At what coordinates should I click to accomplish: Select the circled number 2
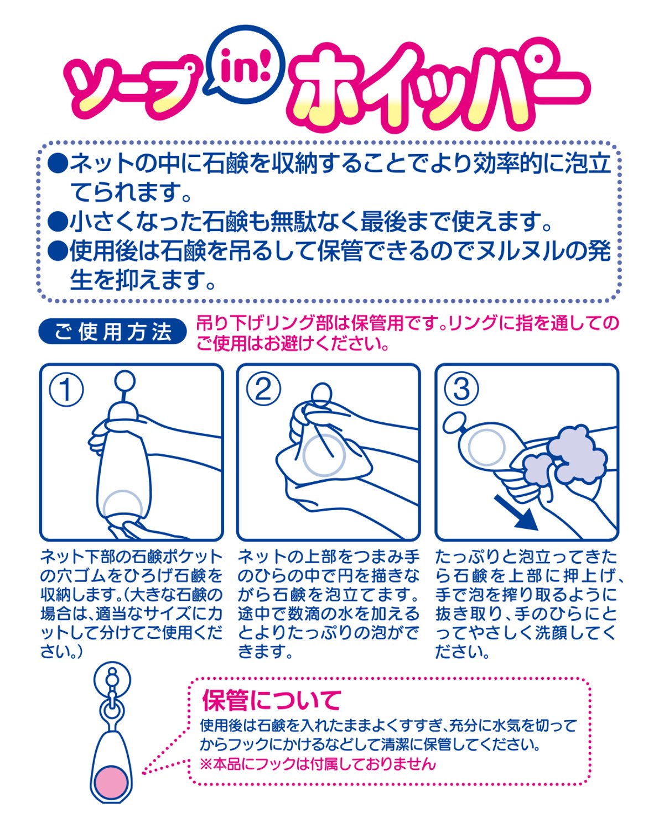point(263,390)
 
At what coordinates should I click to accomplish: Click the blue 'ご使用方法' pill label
point(112,332)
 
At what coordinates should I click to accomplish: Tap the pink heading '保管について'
point(271,700)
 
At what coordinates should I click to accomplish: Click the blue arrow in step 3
point(516,513)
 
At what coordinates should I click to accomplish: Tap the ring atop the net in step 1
point(125,381)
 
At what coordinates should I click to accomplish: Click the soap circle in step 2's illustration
point(324,455)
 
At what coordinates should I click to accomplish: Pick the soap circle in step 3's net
point(487,447)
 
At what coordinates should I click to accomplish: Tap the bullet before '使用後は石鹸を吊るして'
point(58,251)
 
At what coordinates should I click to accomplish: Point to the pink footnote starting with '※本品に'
point(318,764)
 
